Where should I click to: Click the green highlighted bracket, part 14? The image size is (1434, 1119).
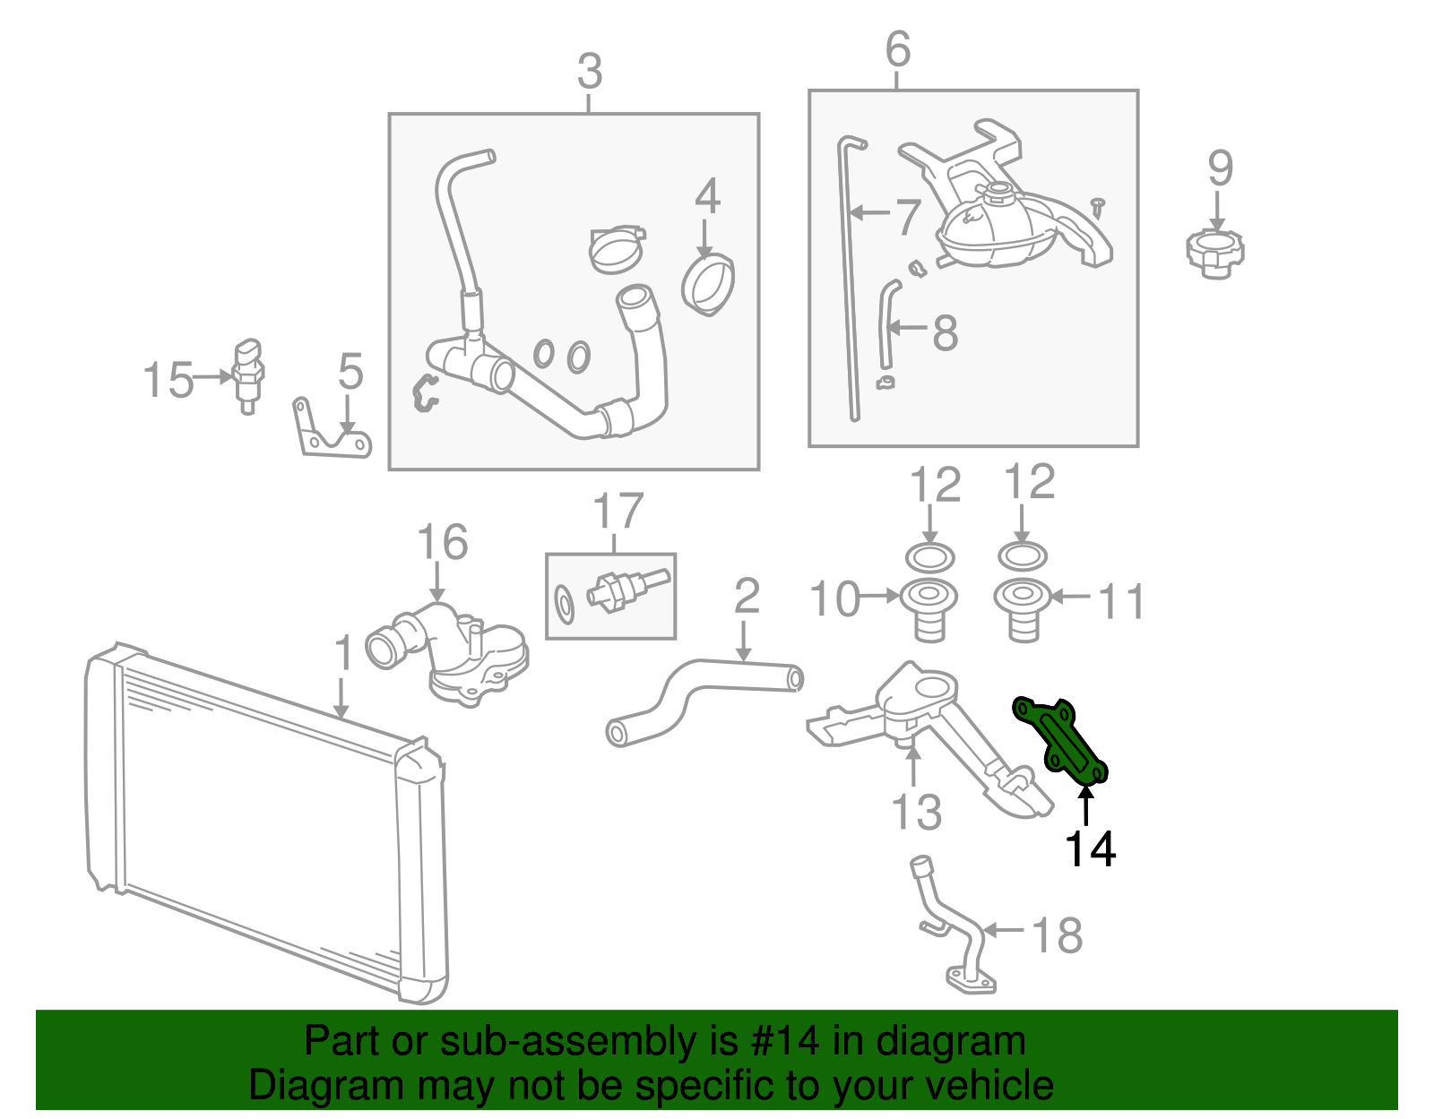[x=1058, y=741]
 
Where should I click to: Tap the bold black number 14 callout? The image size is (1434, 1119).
[x=1090, y=848]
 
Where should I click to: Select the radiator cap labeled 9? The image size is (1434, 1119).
[x=1215, y=254]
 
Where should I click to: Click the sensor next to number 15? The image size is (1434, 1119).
[x=248, y=376]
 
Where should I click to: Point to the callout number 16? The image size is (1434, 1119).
[x=443, y=542]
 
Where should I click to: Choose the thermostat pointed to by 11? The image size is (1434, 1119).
[x=1023, y=610]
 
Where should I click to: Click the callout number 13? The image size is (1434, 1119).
[x=916, y=812]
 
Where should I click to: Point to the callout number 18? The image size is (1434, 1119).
[x=1058, y=935]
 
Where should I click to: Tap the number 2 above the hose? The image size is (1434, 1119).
[x=747, y=596]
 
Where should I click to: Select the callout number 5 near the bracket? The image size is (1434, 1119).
[x=350, y=371]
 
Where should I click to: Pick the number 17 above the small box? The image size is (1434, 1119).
[x=618, y=511]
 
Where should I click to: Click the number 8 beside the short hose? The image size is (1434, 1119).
[x=945, y=332]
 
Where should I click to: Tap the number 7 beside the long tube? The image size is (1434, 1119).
[x=908, y=217]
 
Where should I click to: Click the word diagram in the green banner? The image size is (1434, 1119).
[x=951, y=1042]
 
